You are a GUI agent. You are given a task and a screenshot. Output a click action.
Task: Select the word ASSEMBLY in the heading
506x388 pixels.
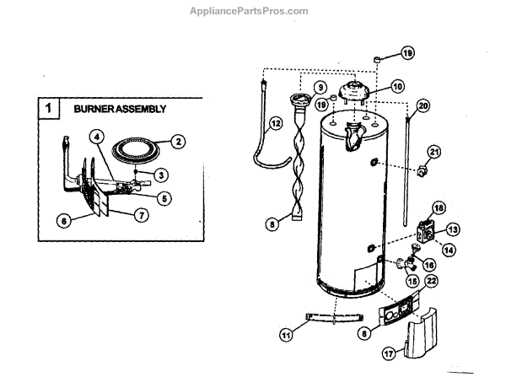(x=143, y=110)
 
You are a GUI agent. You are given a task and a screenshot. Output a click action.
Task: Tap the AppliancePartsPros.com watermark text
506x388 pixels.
(x=252, y=10)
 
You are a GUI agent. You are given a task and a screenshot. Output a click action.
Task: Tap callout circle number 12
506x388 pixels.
(x=275, y=123)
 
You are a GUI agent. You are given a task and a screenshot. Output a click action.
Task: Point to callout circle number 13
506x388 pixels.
(x=452, y=229)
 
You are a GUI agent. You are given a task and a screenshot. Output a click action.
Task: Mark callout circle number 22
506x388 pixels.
(x=432, y=281)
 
